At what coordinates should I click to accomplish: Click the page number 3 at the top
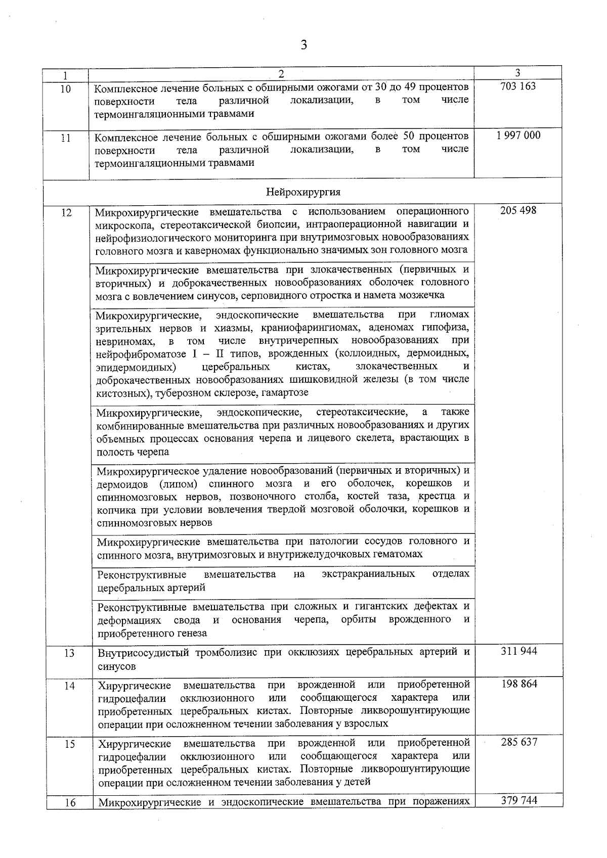[303, 46]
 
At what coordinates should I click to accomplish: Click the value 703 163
[517, 86]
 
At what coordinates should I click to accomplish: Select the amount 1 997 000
[518, 136]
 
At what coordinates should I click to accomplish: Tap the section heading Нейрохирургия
[303, 192]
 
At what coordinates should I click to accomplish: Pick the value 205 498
[518, 210]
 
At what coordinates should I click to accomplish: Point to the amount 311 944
[518, 651]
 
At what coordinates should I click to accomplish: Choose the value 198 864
[519, 684]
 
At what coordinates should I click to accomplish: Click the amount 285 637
[519, 742]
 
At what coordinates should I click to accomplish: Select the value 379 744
[519, 800]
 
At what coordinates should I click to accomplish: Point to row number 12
[66, 213]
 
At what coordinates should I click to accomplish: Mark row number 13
[70, 654]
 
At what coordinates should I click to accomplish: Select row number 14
[70, 687]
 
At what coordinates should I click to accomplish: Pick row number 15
[70, 745]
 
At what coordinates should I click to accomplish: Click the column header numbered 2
[281, 74]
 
